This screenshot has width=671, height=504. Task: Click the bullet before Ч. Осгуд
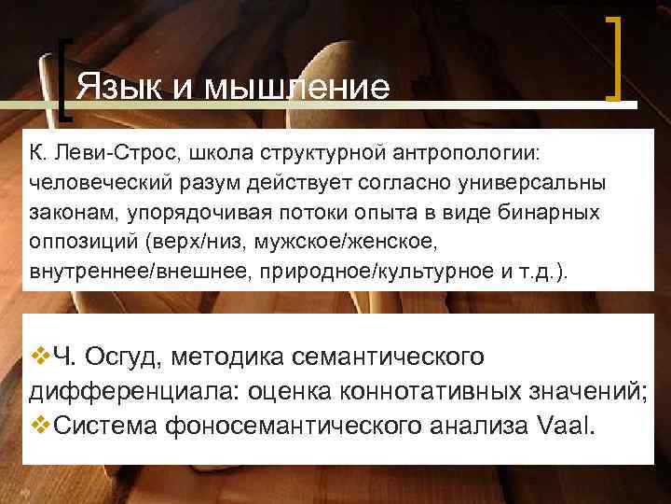coord(40,357)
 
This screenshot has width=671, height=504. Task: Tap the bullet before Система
coord(40,426)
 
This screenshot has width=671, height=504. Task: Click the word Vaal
coord(570,427)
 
